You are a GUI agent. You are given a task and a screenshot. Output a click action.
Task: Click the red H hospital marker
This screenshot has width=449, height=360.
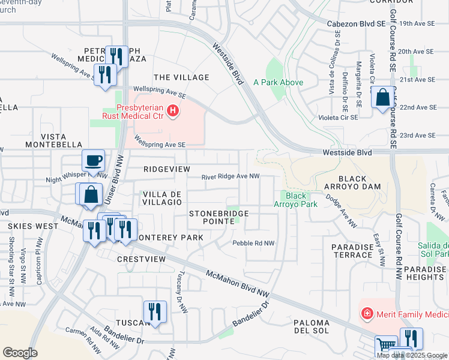click(x=173, y=110)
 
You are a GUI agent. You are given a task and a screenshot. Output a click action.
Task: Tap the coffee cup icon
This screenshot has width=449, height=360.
click(x=93, y=161)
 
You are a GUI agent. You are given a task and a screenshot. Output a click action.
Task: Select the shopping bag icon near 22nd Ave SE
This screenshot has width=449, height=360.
click(x=382, y=98)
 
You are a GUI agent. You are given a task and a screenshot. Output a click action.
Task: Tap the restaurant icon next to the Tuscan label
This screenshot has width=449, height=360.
click(x=155, y=311)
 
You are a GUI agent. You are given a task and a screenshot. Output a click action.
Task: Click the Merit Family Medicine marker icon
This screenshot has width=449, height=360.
click(x=366, y=313)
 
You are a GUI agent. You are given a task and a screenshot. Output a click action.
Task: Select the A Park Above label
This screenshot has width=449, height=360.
click(x=278, y=82)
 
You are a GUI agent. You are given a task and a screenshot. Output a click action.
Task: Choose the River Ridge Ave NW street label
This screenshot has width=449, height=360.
click(x=231, y=176)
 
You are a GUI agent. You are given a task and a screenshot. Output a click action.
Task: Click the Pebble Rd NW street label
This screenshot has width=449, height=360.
click(x=253, y=243)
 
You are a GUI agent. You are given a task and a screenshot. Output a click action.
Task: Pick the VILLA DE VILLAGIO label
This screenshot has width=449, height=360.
click(x=161, y=198)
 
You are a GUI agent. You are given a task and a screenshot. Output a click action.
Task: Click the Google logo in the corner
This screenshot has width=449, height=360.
click(x=20, y=352)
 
